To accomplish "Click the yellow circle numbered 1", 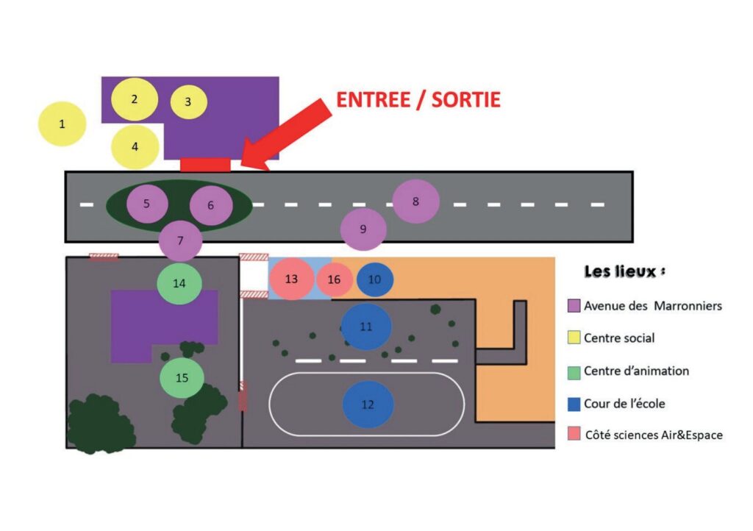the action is point(62,124).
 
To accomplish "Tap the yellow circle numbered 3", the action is point(188,101).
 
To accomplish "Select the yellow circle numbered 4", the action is point(135,147).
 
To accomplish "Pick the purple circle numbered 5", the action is point(147,204).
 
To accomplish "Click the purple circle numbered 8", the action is point(416,202).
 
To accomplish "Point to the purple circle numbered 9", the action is point(363,229).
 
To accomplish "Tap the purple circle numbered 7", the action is point(181,240).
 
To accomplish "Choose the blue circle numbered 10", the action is point(374,279).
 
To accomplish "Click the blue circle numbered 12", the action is point(368,405).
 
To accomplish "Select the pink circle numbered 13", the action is point(291,279).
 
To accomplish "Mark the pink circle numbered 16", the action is point(335,279).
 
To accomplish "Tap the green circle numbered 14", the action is point(179,283).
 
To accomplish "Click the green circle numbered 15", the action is point(182,378).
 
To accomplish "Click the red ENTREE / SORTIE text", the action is point(418,100).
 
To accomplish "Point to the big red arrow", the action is point(286,135).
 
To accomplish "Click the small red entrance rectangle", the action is point(206,165).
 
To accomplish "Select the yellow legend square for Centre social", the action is point(574,338).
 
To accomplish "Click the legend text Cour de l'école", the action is point(624,403).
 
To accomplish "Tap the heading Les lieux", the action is point(624,271).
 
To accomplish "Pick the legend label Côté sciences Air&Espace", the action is point(654,435).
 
